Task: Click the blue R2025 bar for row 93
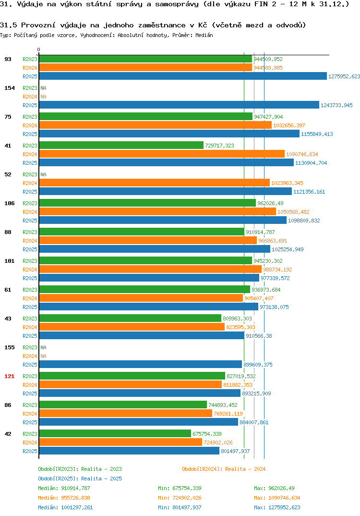coord(183,76)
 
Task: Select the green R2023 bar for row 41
coord(121,145)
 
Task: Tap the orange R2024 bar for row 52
coord(155,183)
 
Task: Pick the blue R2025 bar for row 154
coord(179,105)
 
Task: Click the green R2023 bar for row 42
coord(115,433)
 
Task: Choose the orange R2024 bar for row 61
coord(141,298)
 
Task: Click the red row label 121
coord(10,376)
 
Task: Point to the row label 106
coord(10,203)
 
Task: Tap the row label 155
coord(10,347)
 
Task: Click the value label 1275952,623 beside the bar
coord(344,76)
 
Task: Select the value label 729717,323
coord(220,146)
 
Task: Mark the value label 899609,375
coord(258,365)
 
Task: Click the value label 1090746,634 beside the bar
coord(302,154)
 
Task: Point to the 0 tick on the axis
coord(39,49)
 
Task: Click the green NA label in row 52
coord(43,174)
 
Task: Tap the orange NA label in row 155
coord(43,356)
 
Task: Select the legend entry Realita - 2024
coord(224,469)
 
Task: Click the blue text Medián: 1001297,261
coord(65,507)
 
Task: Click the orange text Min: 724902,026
coord(180,498)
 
